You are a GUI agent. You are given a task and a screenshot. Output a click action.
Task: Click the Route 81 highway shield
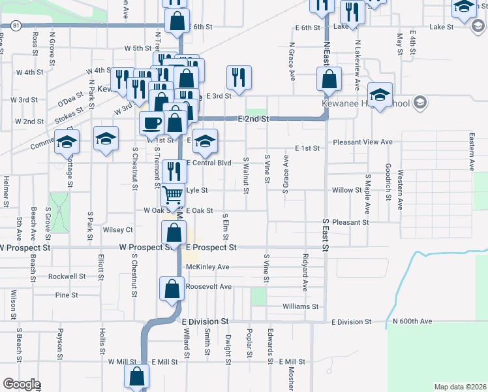(14, 25)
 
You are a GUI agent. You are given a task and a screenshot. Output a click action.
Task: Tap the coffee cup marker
(152, 123)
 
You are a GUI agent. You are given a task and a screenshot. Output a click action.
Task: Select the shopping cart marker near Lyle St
(173, 193)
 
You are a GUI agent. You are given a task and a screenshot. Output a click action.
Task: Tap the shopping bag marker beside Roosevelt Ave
(171, 288)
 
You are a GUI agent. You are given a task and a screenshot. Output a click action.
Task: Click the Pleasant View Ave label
(362, 142)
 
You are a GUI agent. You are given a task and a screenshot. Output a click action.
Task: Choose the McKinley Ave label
(207, 267)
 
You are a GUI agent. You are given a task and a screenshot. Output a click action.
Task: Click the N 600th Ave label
(412, 321)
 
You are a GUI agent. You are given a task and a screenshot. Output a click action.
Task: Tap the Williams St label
(300, 306)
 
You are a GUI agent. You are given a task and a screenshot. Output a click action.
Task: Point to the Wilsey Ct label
(117, 230)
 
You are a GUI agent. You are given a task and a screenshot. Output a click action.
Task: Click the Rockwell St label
(71, 276)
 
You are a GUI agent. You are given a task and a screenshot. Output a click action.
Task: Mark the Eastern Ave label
(471, 150)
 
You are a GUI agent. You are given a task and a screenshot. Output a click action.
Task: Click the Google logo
(22, 384)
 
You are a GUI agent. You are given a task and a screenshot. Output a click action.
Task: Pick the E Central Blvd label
(209, 163)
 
